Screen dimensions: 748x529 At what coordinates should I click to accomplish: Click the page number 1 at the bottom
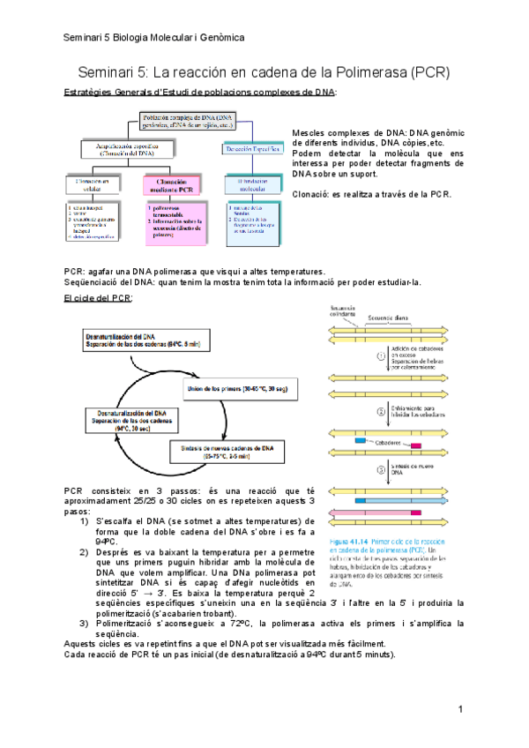point(460,710)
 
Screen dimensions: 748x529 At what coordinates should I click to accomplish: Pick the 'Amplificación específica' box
point(127,149)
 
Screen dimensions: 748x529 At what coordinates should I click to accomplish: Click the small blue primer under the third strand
point(359,440)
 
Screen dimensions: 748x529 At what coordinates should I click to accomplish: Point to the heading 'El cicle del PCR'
point(98,299)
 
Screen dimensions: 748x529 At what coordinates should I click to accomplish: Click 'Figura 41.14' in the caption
point(353,541)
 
